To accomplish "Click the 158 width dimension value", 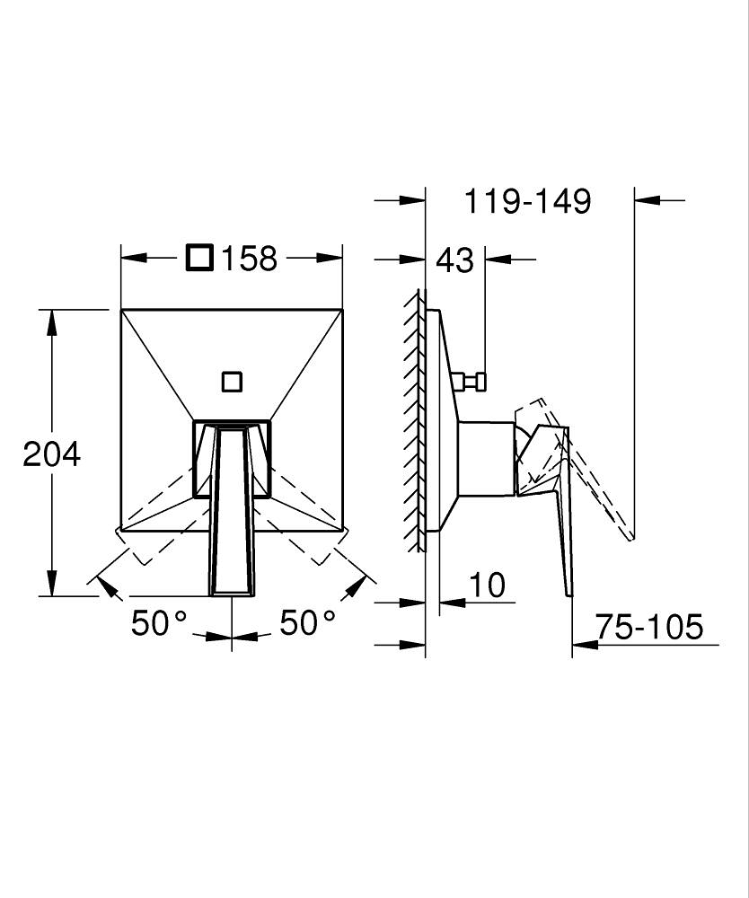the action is coord(249,259).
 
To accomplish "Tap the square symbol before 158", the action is coord(200,258).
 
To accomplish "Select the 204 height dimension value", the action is coord(51,454).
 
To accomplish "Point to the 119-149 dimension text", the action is coord(527,201).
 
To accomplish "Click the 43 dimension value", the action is coord(455,260).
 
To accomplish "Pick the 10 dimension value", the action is coord(488,585).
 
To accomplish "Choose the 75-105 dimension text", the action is coord(648,627).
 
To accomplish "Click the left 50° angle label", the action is coord(159,622).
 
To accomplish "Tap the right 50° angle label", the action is coord(307,622).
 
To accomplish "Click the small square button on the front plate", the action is coord(232,382).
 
